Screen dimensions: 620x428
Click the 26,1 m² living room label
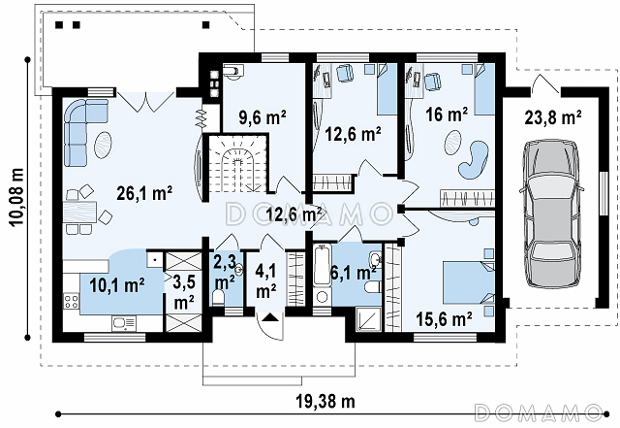[x=144, y=193]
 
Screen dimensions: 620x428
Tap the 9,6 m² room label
[x=263, y=116]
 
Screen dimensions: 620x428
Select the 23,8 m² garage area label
[x=553, y=117]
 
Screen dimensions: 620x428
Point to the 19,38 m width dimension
[x=325, y=402]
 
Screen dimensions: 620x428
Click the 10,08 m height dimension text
[x=17, y=197]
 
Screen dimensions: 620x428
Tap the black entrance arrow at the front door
[x=270, y=316]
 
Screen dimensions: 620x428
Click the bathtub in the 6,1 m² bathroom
[x=322, y=265]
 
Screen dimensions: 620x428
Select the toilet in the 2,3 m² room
[x=218, y=298]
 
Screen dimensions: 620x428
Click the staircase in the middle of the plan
[x=237, y=163]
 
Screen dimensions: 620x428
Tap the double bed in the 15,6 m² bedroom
[x=469, y=282]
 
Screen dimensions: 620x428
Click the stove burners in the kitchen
[x=71, y=301]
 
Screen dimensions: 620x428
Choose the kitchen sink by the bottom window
[x=124, y=323]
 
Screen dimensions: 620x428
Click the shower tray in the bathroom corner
[x=368, y=319]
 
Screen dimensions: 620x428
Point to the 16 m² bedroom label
[x=447, y=115]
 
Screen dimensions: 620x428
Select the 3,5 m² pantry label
[x=184, y=292]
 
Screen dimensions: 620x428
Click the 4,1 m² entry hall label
[x=266, y=281]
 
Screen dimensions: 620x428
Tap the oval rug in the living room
[x=103, y=145]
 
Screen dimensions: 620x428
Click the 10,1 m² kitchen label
[x=116, y=285]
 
